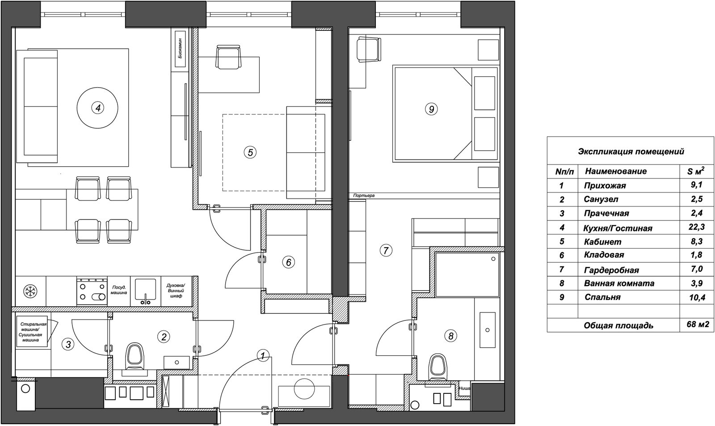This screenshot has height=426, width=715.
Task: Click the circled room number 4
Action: point(98,108)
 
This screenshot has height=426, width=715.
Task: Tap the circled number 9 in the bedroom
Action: point(431,109)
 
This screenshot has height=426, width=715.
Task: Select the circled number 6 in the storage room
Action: point(289,262)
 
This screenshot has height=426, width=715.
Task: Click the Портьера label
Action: point(364,195)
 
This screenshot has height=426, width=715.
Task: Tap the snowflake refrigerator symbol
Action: point(31,291)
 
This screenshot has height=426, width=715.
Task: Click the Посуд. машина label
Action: point(119,290)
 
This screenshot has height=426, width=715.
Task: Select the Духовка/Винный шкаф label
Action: point(176,291)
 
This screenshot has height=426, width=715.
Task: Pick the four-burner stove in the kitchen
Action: point(92,291)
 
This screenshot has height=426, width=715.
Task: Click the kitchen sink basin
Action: point(146,291)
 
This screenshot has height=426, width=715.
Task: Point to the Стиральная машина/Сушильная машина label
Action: point(32,332)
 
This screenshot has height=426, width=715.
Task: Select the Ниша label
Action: point(464,388)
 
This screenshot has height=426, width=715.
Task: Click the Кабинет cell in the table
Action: point(603,242)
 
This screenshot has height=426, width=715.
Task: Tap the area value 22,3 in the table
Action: point(697,227)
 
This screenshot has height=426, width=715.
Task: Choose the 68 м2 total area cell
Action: point(698,325)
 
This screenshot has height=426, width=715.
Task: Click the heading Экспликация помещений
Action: point(631,152)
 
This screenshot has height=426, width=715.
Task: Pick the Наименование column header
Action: point(616,171)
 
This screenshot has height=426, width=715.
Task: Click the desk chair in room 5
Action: point(228,56)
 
